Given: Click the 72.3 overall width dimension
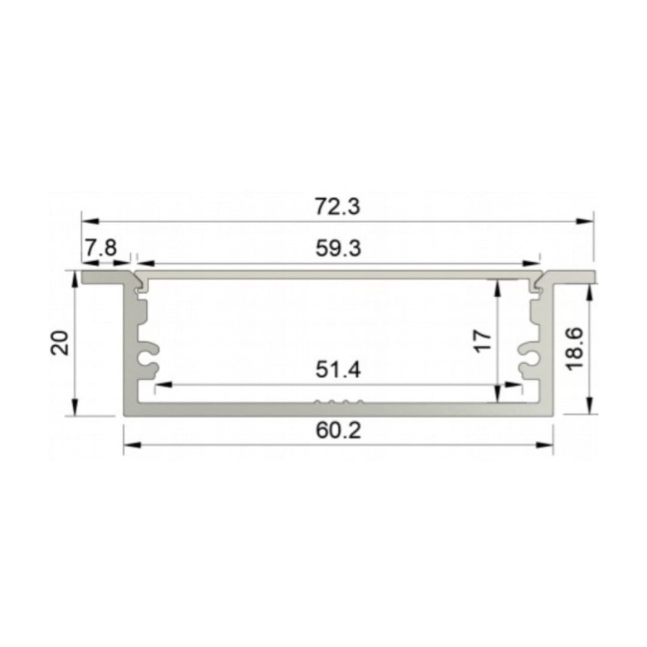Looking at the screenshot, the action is point(337,206).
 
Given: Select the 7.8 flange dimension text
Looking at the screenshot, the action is point(101,248).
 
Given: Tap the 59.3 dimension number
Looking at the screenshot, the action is point(338,249).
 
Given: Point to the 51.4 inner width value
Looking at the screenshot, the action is point(338,369).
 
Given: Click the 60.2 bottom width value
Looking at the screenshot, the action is point(338,430).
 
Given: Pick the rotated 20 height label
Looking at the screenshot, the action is point(59,343).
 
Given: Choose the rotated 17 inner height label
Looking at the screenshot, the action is point(483,340).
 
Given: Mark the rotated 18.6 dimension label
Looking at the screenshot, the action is point(575,349).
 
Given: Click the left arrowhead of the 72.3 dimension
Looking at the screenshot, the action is point(90,222).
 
